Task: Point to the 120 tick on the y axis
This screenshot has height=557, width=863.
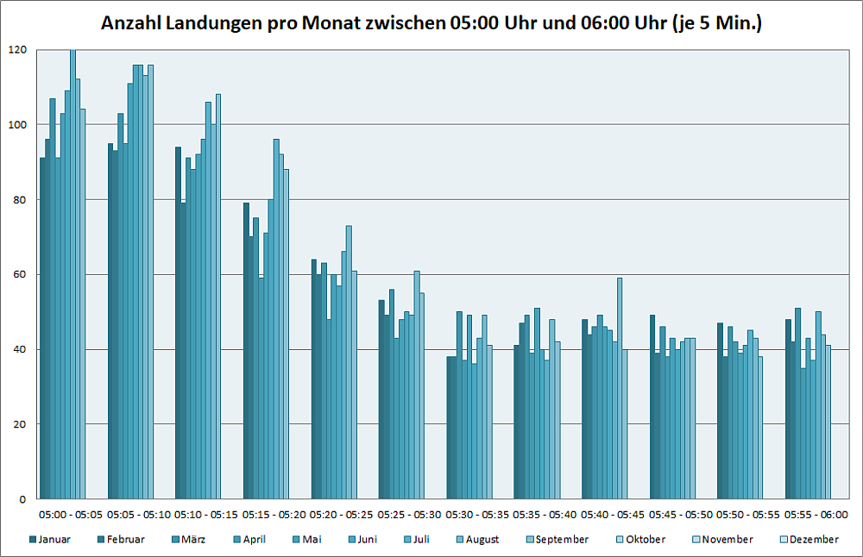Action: coord(18,50)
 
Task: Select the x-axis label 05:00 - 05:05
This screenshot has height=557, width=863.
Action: coord(72,515)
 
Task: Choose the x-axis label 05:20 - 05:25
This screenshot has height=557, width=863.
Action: coord(342,515)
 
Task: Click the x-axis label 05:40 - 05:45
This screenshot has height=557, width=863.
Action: coord(613,515)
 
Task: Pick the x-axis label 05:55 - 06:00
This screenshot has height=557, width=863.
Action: coord(816,515)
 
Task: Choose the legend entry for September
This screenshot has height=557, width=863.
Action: coord(562,540)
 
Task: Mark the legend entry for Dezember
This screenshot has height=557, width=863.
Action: coord(811,540)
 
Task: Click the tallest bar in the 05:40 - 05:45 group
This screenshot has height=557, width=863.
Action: coord(620,388)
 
